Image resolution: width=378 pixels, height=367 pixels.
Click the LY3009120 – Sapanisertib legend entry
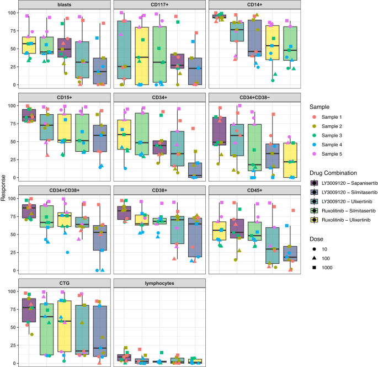342,183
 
